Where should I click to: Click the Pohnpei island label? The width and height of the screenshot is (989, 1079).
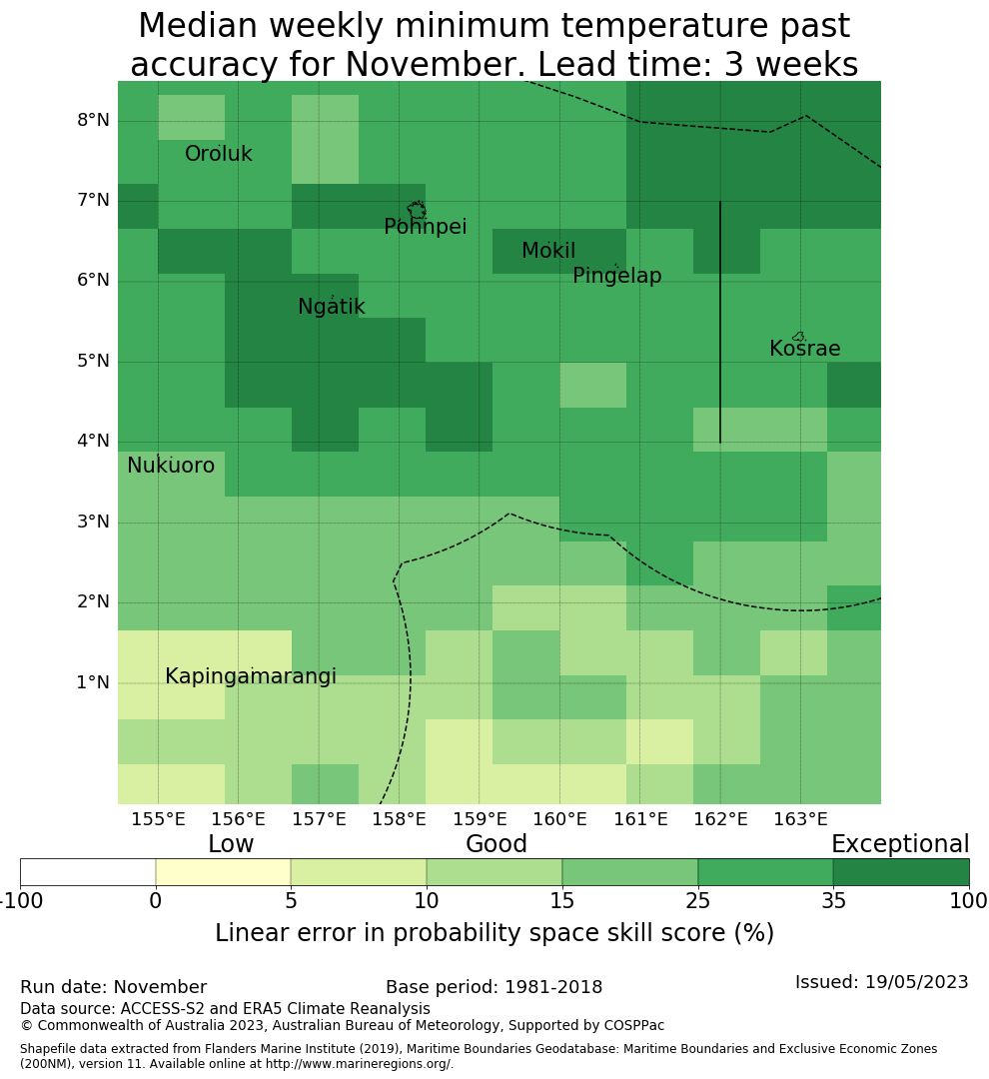click(x=425, y=228)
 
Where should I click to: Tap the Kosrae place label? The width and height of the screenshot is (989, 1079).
click(x=804, y=350)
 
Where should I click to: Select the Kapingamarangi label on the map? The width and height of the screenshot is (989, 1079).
click(x=250, y=677)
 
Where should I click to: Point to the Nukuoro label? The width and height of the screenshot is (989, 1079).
click(x=171, y=467)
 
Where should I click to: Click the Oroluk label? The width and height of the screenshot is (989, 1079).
click(x=219, y=155)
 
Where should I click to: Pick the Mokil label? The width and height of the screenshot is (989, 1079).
click(x=548, y=252)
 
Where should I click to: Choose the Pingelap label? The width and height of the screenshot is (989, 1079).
click(x=616, y=277)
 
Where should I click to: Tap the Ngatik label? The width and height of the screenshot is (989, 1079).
click(x=332, y=308)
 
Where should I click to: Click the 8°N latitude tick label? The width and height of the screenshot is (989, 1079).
click(x=93, y=121)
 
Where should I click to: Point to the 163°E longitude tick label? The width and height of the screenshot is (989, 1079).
click(x=800, y=820)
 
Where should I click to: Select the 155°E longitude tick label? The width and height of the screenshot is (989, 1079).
click(x=158, y=820)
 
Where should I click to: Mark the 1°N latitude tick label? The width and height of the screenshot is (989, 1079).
click(x=93, y=683)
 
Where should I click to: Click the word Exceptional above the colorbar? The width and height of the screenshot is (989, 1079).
click(x=899, y=845)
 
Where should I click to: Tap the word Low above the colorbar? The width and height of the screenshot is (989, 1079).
click(x=231, y=845)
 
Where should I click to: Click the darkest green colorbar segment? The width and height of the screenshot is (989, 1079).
click(x=900, y=872)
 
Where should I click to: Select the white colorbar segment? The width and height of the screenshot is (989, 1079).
click(x=88, y=872)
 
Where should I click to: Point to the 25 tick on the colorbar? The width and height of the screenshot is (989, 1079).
click(x=697, y=902)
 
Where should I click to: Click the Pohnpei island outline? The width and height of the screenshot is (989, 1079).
click(x=417, y=211)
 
